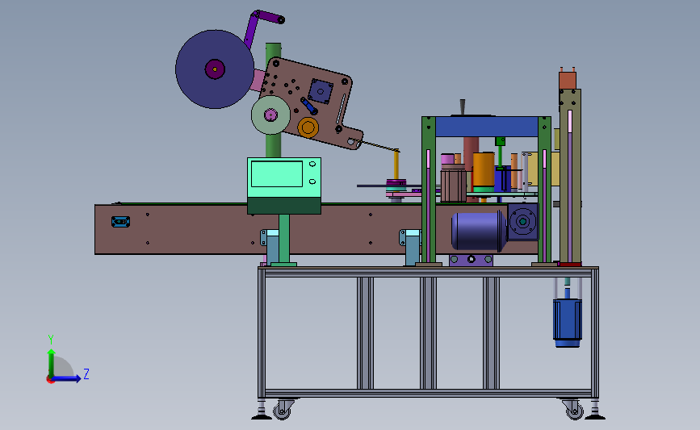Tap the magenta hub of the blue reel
tap(215, 69)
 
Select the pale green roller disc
tap(270, 115)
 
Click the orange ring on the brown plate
tap(308, 127)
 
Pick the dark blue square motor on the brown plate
tap(320, 91)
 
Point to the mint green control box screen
tap(277, 174)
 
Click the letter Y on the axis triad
tap(51, 340)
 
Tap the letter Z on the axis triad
tap(86, 374)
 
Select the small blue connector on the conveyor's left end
tap(120, 222)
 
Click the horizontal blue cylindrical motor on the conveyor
tap(479, 231)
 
